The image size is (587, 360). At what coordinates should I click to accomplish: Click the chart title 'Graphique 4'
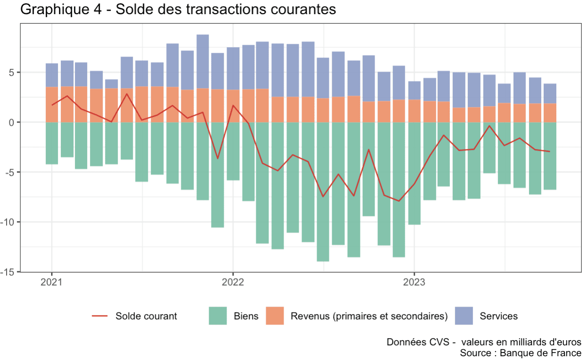click(61, 9)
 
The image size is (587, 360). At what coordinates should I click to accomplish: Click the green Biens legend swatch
click(218, 316)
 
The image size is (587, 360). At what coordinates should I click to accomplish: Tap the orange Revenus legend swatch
click(276, 316)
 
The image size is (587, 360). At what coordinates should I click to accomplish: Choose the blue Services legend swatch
click(464, 316)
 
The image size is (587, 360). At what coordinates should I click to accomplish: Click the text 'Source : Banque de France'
click(521, 352)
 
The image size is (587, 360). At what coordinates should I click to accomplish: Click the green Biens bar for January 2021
click(52, 143)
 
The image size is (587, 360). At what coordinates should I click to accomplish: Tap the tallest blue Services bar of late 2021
click(203, 61)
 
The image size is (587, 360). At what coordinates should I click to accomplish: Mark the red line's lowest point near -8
click(399, 201)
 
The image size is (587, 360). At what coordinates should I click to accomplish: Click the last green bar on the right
click(550, 155)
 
